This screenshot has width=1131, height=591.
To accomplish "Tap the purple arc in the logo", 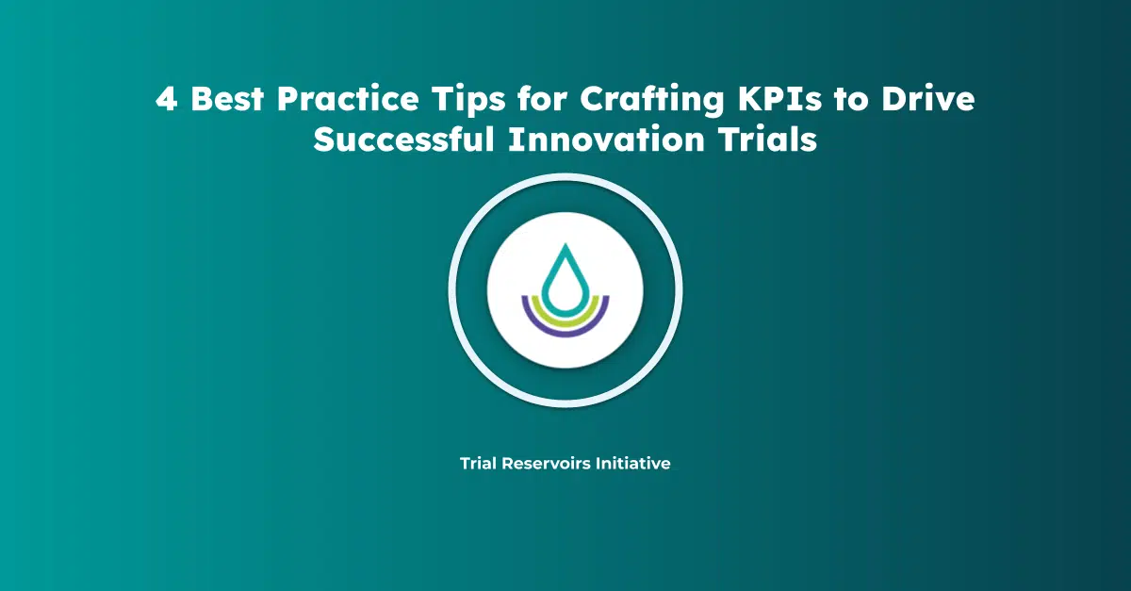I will click(565, 327).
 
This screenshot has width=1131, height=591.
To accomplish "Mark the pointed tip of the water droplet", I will click(565, 247).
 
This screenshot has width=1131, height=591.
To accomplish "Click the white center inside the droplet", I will click(565, 287).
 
